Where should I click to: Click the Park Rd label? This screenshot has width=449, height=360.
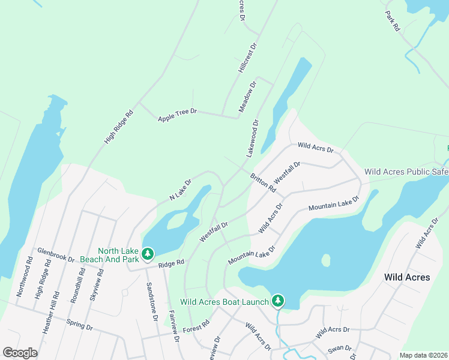pos(393,21)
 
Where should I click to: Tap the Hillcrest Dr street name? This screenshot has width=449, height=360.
pos(247,58)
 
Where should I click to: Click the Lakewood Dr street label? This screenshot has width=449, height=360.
pos(252,139)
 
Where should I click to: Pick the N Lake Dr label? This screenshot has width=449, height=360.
pos(180,190)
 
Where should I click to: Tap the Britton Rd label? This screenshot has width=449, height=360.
pos(263,182)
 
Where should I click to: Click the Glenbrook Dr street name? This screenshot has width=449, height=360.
pos(55,255)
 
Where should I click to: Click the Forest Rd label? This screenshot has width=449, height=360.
pos(197,326)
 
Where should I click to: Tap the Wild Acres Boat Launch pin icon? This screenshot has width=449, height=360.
pos(277,299)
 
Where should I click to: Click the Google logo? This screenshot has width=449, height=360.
pos(20,353)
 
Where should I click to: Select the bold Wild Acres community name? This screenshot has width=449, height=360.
pos(407,277)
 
